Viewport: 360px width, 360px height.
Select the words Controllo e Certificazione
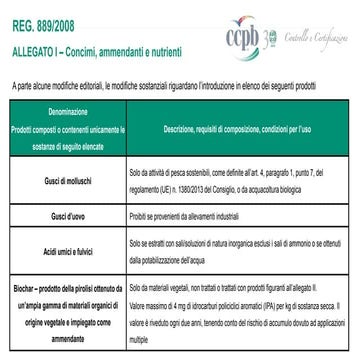tap(330, 41)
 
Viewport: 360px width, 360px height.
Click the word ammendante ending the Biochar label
tap(66, 339)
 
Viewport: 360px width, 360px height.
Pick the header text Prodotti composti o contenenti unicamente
tap(66, 131)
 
